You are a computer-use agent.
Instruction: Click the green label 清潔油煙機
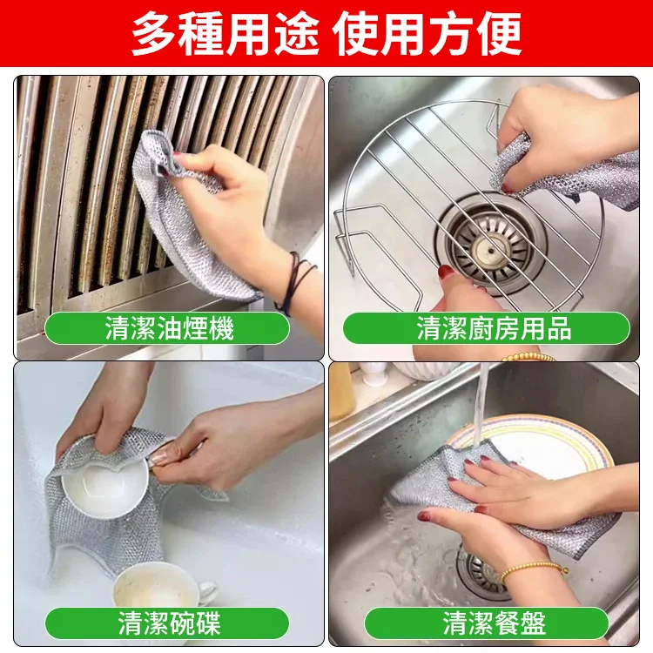(167, 328)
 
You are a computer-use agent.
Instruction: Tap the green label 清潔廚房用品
(487, 328)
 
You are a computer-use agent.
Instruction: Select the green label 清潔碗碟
(167, 623)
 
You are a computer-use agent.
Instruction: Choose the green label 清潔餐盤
(487, 623)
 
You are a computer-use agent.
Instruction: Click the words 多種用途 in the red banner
(226, 34)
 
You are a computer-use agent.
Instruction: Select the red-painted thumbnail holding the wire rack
(446, 273)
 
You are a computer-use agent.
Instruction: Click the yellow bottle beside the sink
(340, 392)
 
